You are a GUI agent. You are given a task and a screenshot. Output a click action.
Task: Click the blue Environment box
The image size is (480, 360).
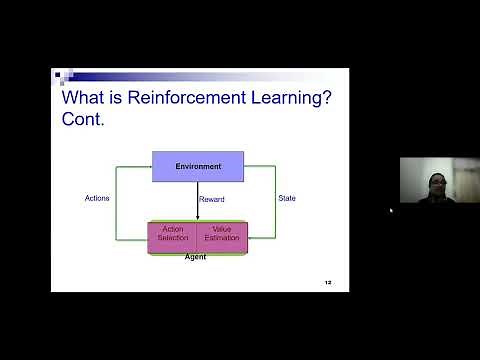(x=198, y=165)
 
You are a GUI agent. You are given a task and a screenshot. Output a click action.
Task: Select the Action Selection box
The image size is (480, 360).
(x=173, y=233)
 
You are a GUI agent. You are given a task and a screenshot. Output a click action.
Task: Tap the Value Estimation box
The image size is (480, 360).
(x=221, y=233)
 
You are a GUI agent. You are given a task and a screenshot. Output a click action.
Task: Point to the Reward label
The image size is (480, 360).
(x=211, y=199)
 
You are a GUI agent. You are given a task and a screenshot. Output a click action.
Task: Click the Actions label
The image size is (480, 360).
(x=97, y=198)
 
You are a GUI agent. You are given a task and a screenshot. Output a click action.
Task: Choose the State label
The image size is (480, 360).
(x=287, y=198)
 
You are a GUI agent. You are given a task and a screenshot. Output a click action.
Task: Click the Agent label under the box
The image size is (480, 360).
(x=196, y=257)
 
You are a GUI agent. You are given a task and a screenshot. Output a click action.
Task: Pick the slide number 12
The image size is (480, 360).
(x=327, y=283)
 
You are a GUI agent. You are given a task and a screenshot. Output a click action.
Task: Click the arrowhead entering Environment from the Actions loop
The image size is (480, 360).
(x=148, y=166)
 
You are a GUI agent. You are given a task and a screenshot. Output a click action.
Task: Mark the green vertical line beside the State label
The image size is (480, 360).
(x=275, y=200)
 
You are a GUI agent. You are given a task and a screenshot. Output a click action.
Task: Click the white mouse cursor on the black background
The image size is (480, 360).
(x=390, y=211)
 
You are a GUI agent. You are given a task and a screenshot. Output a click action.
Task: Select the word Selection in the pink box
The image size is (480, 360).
(x=173, y=238)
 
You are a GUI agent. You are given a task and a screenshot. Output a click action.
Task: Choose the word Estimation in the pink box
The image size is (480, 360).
(x=221, y=238)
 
